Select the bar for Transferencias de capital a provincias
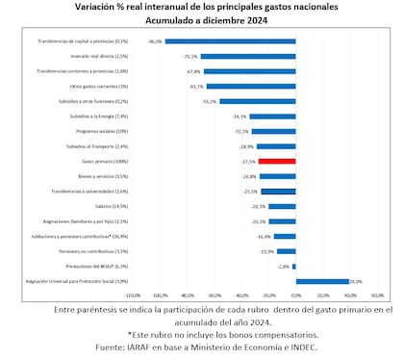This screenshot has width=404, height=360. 230,41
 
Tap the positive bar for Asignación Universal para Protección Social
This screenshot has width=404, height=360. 321,281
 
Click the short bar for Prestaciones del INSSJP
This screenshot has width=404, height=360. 293,266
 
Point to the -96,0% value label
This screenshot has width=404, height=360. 154,41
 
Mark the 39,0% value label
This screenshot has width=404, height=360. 355,281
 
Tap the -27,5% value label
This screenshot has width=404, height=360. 248,161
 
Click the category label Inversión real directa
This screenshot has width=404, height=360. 93,57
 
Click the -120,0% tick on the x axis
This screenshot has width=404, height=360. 133,296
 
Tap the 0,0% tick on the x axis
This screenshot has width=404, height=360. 295,296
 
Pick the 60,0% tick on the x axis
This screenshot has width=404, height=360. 376,296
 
